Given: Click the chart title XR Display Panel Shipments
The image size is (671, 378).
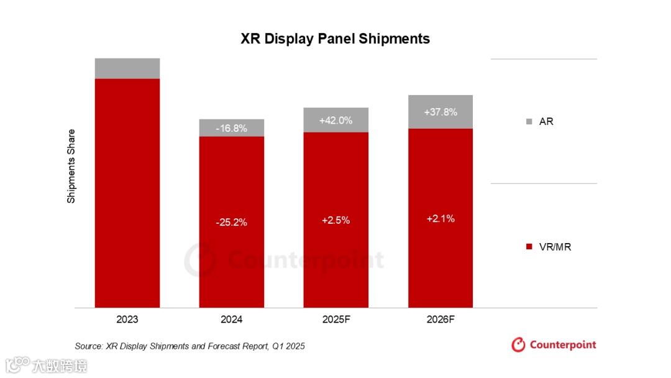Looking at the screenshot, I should tap(335, 39).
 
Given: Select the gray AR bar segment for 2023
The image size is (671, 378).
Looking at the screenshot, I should tap(127, 68).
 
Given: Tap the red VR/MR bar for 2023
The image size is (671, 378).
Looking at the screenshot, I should tap(127, 193).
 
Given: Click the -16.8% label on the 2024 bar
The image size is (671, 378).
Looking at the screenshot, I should tap(232, 129).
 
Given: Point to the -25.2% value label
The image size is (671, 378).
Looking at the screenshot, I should tap(232, 222).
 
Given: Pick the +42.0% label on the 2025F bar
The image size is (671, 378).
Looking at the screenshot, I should tap(335, 121).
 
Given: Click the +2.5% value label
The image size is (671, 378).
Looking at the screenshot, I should tap(335, 221).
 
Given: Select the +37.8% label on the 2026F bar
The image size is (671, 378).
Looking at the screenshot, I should tap(440, 113).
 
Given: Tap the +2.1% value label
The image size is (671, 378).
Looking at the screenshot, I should tap(440, 219).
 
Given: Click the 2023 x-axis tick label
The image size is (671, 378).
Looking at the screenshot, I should tap(127, 320).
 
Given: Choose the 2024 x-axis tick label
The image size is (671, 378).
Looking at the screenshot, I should tap(232, 320).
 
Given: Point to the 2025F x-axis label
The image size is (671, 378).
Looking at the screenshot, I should tap(336, 320).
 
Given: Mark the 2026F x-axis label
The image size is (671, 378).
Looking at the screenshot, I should tap(440, 320).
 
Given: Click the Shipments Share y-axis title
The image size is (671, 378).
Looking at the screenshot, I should tap(71, 166).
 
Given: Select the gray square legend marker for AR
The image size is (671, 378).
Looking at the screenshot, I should tap(529, 122).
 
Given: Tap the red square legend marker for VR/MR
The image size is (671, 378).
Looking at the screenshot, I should tap(529, 247).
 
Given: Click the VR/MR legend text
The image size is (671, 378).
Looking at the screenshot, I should tap(555, 247).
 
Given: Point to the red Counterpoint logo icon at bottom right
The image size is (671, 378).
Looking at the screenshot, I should tap(518, 344).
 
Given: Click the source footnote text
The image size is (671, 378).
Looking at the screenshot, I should tap(189, 346).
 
